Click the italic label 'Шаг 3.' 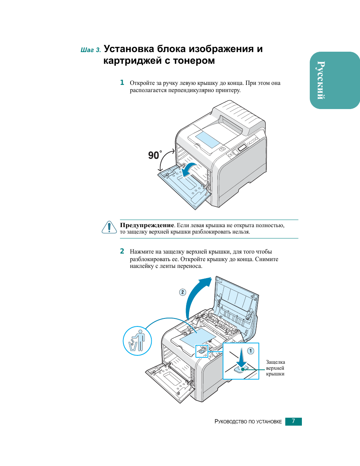(x=91, y=50)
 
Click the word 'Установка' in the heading (x=129, y=49)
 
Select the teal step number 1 (x=122, y=83)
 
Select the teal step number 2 (x=122, y=251)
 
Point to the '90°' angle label (x=154, y=155)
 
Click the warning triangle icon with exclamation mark (x=109, y=227)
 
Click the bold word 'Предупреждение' (x=147, y=225)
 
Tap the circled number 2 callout (x=183, y=292)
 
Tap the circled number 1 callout (x=251, y=351)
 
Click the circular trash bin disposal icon (x=137, y=341)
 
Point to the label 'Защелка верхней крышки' (x=275, y=368)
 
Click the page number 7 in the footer (x=293, y=421)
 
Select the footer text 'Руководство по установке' (x=248, y=421)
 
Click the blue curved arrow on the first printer (x=189, y=169)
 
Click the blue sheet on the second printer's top (x=198, y=337)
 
